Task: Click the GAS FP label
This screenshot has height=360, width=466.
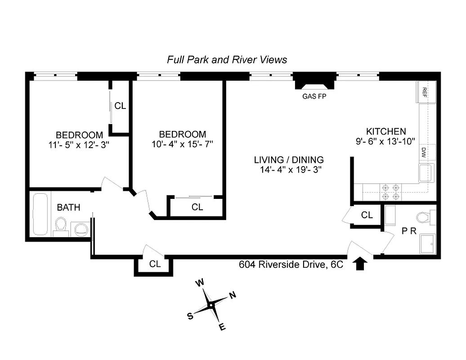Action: click(314, 96)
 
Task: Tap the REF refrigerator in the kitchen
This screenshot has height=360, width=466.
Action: click(425, 92)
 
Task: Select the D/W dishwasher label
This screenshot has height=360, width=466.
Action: click(424, 151)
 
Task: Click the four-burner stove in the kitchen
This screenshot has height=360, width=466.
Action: click(390, 192)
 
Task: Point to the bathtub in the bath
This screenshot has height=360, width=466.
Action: click(40, 215)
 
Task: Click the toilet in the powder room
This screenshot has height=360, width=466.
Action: click(423, 218)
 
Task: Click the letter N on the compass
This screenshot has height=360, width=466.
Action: click(233, 296)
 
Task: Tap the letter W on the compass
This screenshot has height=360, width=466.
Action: click(200, 283)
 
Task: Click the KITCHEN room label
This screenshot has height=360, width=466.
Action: click(385, 131)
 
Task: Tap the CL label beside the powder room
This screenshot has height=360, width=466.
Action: click(367, 215)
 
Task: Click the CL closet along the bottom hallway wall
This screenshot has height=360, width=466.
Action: click(154, 264)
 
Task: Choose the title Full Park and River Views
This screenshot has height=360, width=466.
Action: click(227, 59)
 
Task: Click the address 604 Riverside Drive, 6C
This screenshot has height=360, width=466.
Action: click(291, 265)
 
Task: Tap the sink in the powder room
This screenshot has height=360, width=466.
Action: click(426, 243)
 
